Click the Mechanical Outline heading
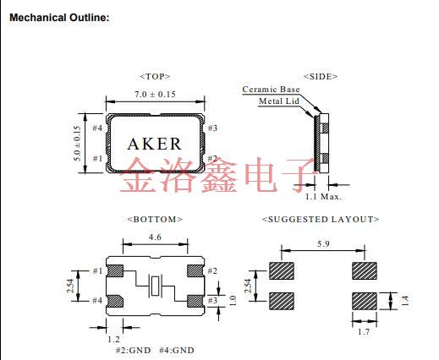[58, 18]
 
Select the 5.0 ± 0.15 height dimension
[76, 143]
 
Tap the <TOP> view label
[155, 76]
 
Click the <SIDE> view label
[320, 76]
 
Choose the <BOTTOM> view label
[155, 219]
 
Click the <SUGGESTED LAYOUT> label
[321, 219]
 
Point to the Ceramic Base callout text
[271, 89]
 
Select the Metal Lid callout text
[278, 101]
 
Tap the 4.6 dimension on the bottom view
[155, 238]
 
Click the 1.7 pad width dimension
[363, 331]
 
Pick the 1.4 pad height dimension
[404, 301]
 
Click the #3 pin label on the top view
[212, 128]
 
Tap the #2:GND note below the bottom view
[134, 350]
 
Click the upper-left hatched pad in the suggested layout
[282, 270]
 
